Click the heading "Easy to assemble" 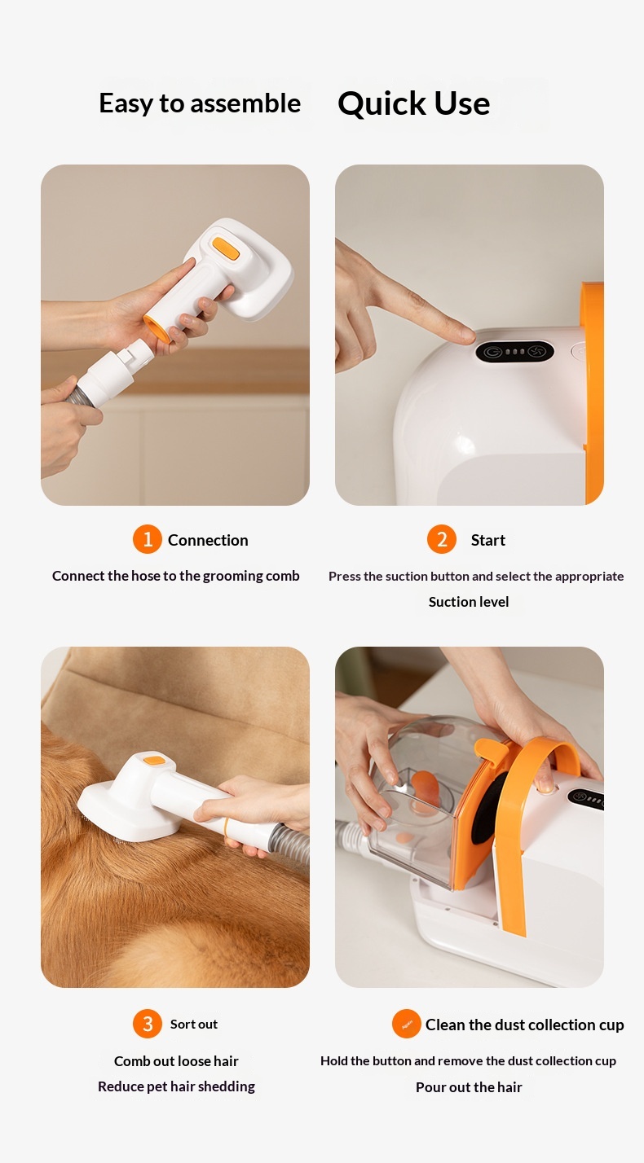coord(200,103)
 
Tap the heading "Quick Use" coord(414,103)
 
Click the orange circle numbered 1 coord(147,539)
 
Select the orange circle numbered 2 coord(441,539)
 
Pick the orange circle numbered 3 coord(147,1024)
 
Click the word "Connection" coord(208,540)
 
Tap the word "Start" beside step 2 coord(488,540)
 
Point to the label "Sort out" coord(194,1024)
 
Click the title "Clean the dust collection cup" coord(524,1025)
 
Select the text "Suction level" coord(469,602)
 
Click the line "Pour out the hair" coord(469,1086)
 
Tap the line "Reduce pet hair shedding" coord(176,1086)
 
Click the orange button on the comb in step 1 coord(226,248)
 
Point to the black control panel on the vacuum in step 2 coord(514,352)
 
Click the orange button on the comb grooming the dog coord(154,761)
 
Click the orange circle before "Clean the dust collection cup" coord(407,1024)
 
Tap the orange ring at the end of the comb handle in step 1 coord(157,329)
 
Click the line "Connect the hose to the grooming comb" coord(176,576)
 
